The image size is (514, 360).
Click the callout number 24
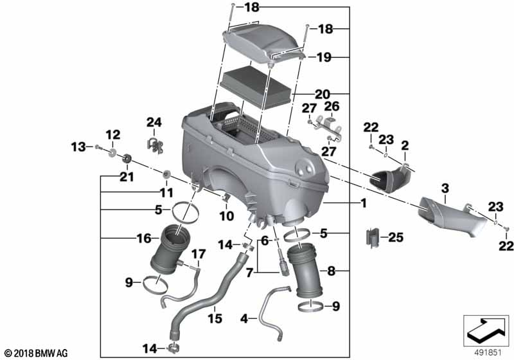[154, 123]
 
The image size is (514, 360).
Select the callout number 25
[396, 237]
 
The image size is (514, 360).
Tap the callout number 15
[215, 318]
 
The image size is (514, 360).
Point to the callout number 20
[323, 94]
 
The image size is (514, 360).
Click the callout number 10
[227, 216]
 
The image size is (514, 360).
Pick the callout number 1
[363, 203]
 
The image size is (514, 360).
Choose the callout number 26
[332, 106]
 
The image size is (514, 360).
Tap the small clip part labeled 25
[371, 237]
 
